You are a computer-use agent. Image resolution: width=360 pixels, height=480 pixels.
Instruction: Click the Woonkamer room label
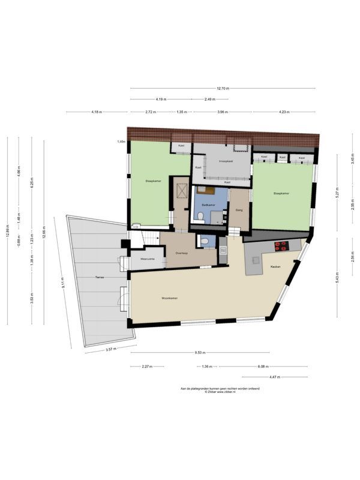169,298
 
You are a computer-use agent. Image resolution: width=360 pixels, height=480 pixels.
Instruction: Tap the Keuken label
275,266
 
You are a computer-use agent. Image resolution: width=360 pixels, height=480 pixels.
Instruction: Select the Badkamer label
208,205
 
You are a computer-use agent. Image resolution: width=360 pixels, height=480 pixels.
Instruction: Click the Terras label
100,277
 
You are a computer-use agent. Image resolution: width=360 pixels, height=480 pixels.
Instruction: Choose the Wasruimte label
148,259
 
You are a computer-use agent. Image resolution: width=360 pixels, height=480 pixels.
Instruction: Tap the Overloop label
182,253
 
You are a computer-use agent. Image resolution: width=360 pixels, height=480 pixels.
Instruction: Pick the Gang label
239,210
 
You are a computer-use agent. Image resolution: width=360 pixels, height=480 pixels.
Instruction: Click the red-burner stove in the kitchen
281,245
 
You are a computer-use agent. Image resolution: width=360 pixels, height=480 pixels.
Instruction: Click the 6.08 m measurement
262,366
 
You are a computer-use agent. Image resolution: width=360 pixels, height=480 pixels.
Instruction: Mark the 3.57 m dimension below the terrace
111,349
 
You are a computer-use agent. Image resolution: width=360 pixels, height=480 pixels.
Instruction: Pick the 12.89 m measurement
8,235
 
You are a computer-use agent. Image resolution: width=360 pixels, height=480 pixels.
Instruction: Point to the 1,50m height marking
121,142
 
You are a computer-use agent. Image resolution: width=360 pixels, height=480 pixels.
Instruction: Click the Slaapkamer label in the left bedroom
152,181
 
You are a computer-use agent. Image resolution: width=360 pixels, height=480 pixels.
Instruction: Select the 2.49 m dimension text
209,99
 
